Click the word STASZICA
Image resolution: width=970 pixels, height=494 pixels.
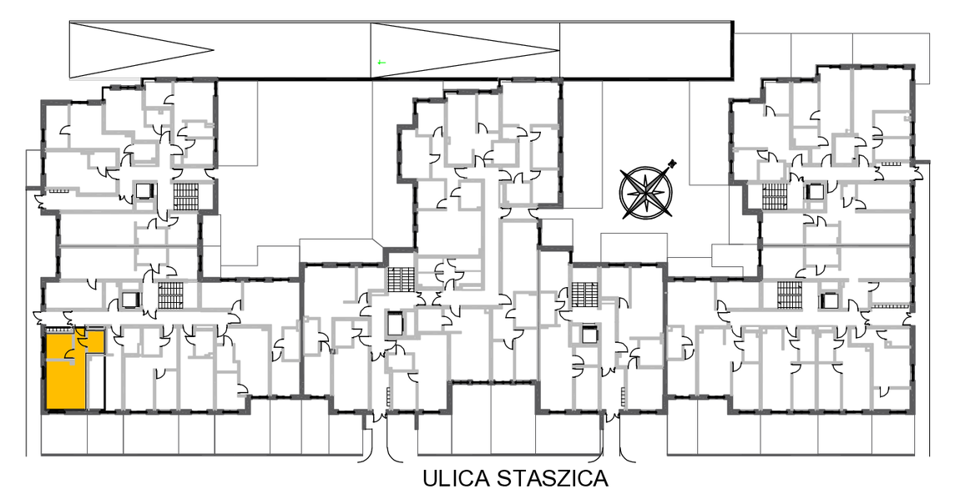pyautogui.click(x=553, y=478)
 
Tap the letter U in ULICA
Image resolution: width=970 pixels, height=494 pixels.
pyautogui.click(x=431, y=478)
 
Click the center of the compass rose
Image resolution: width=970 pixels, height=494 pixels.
pyautogui.click(x=646, y=192)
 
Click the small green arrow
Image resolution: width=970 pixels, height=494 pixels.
pyautogui.click(x=381, y=62)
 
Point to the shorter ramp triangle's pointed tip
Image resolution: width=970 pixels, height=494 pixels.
pyautogui.click(x=214, y=49)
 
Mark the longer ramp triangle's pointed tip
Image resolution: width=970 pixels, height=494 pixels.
pyautogui.click(x=558, y=49)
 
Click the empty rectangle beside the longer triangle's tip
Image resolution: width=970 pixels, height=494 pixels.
pyautogui.click(x=646, y=49)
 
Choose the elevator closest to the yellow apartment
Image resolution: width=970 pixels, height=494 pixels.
pyautogui.click(x=131, y=300)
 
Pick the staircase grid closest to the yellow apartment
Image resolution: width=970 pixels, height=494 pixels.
pyautogui.click(x=169, y=295)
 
